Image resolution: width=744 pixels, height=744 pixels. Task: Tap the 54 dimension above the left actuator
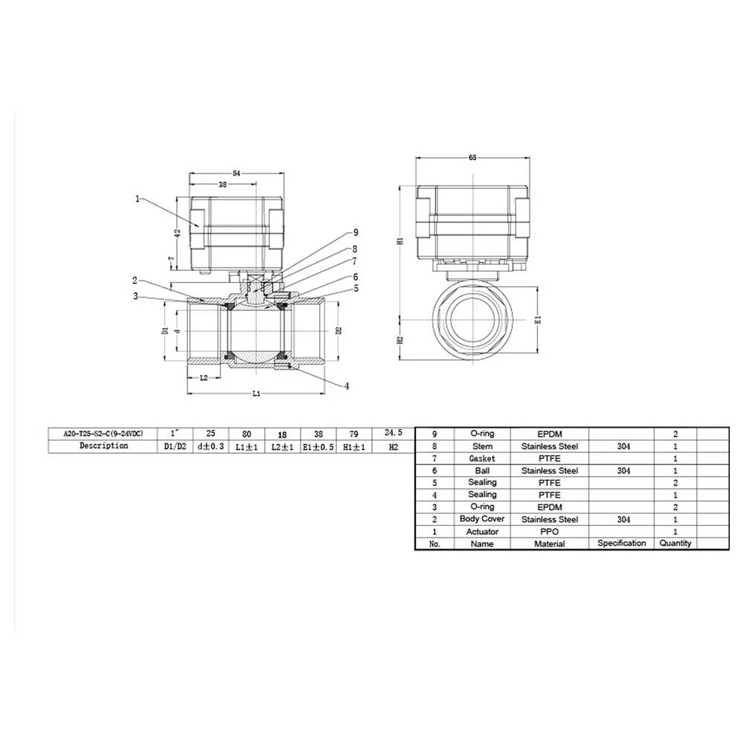[x=237, y=173]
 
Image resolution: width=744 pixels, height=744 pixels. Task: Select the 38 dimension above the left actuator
[x=223, y=184]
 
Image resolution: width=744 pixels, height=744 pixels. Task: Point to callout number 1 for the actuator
[x=138, y=199]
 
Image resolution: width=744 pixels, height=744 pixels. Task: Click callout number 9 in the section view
[x=356, y=231]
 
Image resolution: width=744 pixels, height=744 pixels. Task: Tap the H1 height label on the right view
[x=400, y=242]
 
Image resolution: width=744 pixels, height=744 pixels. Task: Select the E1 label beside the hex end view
[x=539, y=320]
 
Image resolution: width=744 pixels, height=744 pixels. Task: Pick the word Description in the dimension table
[x=103, y=446]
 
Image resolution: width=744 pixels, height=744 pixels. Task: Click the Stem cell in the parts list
[x=482, y=446]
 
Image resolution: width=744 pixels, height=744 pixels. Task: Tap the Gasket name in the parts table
[x=482, y=458]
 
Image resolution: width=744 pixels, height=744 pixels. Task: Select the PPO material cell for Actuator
[x=549, y=531]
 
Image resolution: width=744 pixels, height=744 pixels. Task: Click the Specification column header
[x=621, y=543]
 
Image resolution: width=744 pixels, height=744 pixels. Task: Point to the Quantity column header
[x=675, y=543]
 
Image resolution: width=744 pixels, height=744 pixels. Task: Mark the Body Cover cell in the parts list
[x=482, y=519]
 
